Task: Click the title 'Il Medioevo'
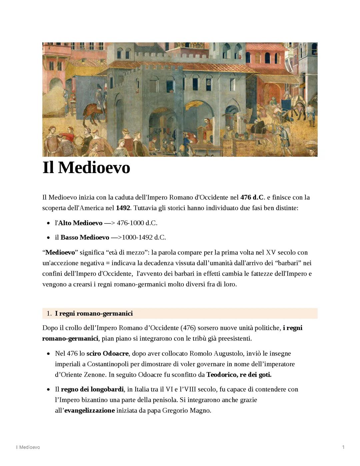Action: pos(86,167)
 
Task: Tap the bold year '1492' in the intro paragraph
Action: pos(123,208)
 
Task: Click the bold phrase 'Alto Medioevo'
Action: pos(80,223)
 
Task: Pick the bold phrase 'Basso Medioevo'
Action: pos(85,237)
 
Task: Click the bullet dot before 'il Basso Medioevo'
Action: pos(48,238)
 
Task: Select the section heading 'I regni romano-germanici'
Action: pos(94,313)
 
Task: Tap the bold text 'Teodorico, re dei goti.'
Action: pos(239,375)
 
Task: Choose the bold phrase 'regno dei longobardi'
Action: pos(92,389)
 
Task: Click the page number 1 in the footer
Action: pos(343,447)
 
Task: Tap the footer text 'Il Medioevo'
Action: pos(28,447)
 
